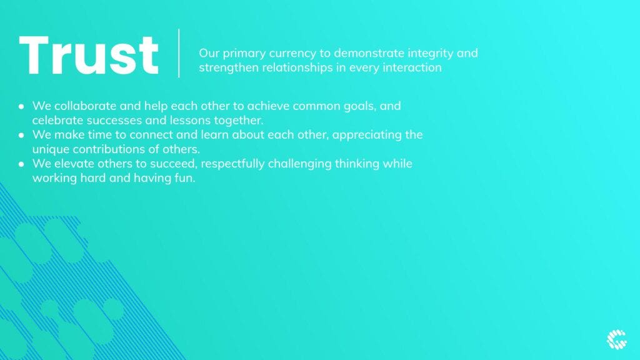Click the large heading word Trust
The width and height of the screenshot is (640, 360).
[89, 55]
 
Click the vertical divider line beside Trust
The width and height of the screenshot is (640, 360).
[179, 53]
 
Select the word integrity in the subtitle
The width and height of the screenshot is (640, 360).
[431, 54]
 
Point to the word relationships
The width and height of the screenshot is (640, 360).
[297, 67]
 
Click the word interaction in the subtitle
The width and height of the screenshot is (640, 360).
[412, 67]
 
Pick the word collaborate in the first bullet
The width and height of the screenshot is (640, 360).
[85, 106]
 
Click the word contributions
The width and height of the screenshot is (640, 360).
[109, 149]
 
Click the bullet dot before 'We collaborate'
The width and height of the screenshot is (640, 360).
[21, 106]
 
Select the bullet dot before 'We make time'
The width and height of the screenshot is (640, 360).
[21, 135]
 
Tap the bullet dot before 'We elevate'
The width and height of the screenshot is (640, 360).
[21, 164]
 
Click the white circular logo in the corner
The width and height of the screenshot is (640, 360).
[616, 339]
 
